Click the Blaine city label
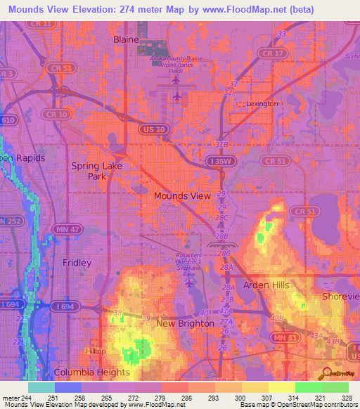(x=127, y=40)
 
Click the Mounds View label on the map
(x=181, y=196)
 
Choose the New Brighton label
(x=185, y=323)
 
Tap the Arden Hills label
(x=266, y=285)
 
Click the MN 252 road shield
(x=10, y=222)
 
